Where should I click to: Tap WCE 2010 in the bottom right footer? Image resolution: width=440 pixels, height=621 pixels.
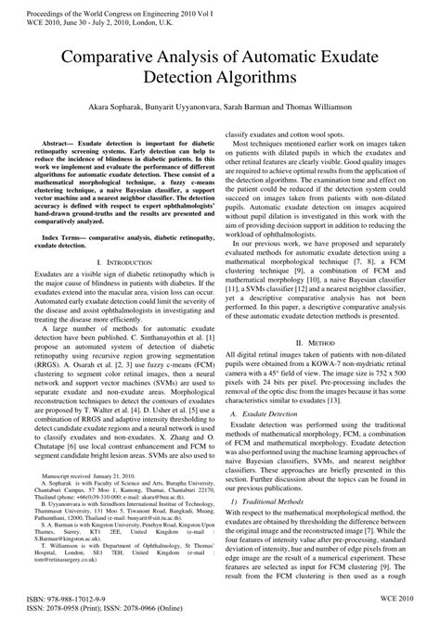[x=406, y=600]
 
